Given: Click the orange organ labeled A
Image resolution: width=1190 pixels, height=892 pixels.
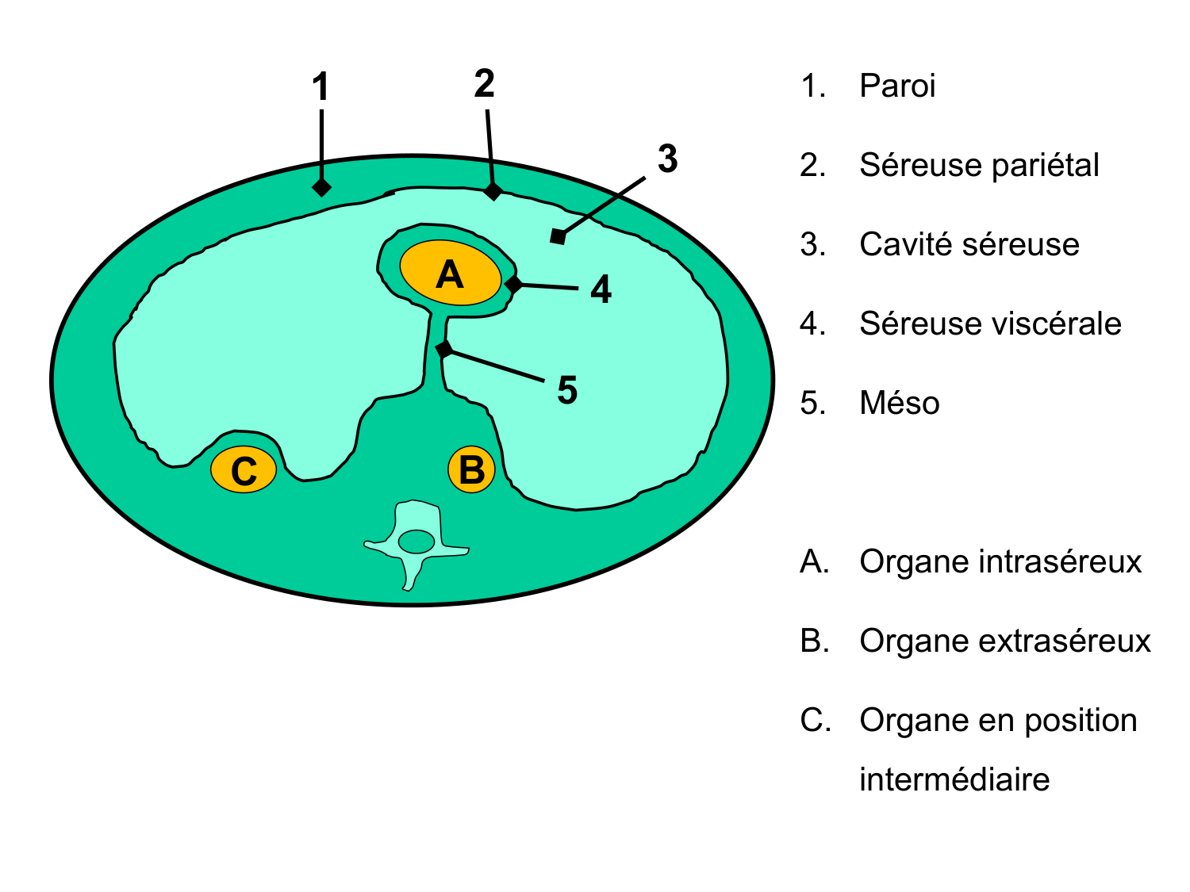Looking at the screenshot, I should coord(450,274).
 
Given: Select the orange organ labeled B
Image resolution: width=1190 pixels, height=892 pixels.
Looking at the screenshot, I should coord(471,469).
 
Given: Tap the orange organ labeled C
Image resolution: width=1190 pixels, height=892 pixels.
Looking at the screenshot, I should coord(244,470).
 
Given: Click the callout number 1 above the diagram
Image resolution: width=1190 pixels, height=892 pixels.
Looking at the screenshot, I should coord(321,87).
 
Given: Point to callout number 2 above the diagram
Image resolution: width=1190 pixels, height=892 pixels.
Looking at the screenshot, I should coord(484,84).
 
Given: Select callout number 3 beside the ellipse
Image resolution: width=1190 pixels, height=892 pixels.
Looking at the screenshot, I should coord(667,159).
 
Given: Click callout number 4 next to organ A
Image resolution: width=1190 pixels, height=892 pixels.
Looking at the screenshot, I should coord(601,289).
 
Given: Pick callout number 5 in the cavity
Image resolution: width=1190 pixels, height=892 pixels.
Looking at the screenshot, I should coord(567,390).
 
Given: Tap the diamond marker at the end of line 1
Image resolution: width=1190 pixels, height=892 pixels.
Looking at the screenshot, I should coord(321,187).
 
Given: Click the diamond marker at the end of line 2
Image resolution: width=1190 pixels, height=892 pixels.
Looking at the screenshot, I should coord(493,191).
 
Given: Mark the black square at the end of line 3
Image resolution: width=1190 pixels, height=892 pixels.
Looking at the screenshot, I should coord(558,236).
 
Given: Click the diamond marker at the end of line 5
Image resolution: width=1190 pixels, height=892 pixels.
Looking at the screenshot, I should coord(444,349).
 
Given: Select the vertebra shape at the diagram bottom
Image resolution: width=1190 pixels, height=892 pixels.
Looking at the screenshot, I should coord(415,543).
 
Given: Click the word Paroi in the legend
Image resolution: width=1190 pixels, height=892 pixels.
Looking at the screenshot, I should coord(897,86).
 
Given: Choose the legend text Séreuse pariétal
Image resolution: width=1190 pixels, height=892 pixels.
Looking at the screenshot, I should coord(979,165).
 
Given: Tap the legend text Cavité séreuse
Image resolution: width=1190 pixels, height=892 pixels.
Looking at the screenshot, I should coord(969,244).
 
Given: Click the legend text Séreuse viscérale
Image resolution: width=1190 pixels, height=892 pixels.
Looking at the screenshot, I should coord(990,323).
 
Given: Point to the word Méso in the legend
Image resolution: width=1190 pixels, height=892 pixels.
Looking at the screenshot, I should coord(899,403).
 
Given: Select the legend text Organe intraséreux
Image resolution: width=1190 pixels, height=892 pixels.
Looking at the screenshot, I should coord(1000,561).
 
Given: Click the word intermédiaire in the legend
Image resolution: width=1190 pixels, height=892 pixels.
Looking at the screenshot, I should coord(954,779).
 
